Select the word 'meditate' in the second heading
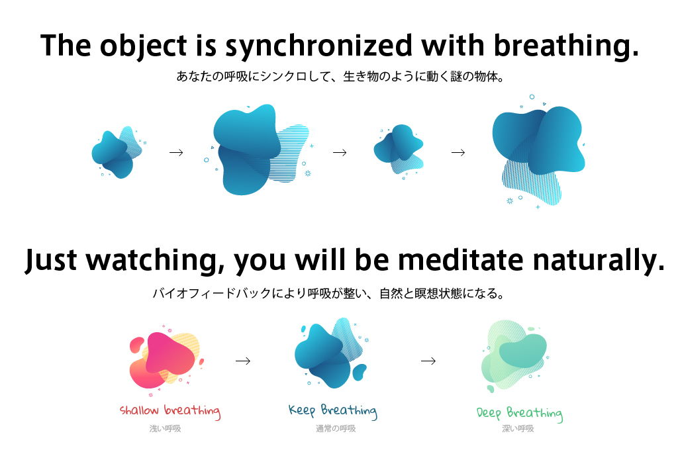click(x=460, y=259)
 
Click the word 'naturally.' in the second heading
click(x=599, y=261)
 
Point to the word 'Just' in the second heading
click(x=51, y=261)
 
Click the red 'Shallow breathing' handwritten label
click(x=170, y=411)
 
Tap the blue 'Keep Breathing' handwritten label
click(x=333, y=411)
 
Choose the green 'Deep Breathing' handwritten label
click(x=520, y=414)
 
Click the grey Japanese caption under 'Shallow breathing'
click(x=165, y=429)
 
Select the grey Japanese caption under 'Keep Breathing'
click(x=336, y=429)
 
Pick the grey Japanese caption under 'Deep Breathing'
click(x=518, y=429)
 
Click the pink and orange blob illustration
click(x=166, y=361)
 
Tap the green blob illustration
click(x=514, y=355)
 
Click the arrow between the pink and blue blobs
click(x=243, y=361)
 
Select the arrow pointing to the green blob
click(x=428, y=361)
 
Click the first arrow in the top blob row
click(x=176, y=152)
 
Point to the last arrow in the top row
click(x=458, y=152)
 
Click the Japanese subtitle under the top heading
click(x=340, y=77)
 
